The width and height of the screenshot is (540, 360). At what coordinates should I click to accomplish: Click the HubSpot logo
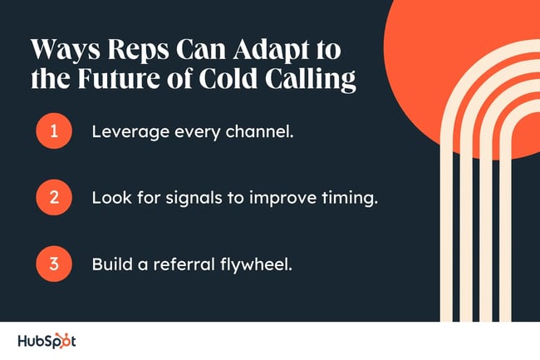point(47,341)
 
